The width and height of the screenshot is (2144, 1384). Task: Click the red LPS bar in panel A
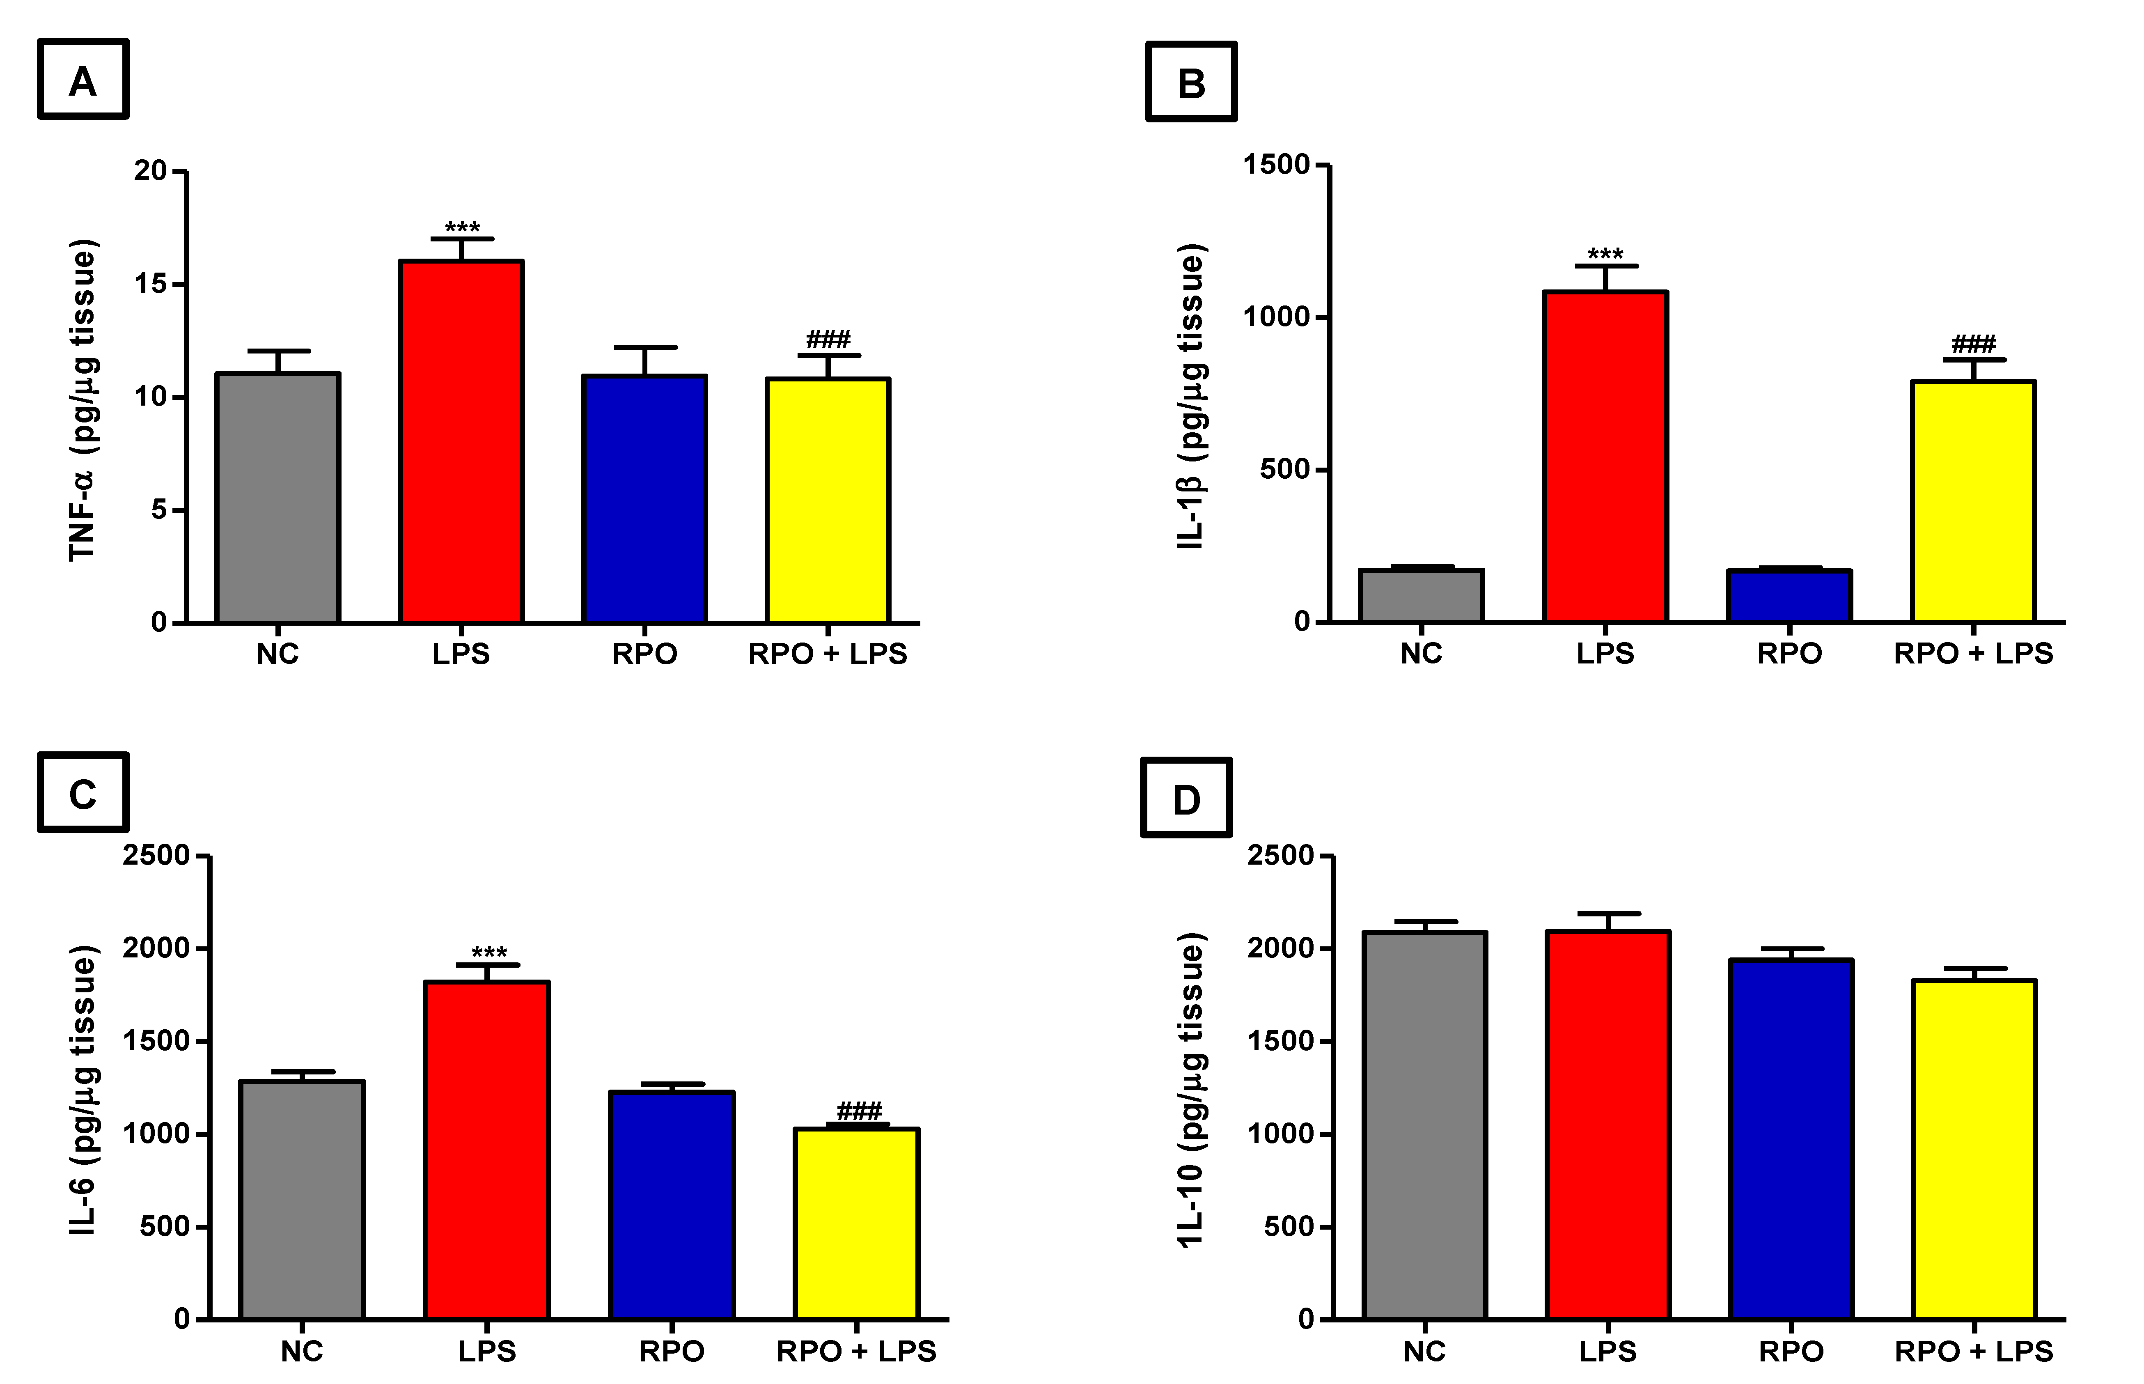coord(461,441)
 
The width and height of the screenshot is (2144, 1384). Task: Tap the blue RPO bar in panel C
coord(671,1204)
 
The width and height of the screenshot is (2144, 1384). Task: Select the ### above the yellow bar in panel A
coord(828,340)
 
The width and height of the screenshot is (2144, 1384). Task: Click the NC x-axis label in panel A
coord(277,653)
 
